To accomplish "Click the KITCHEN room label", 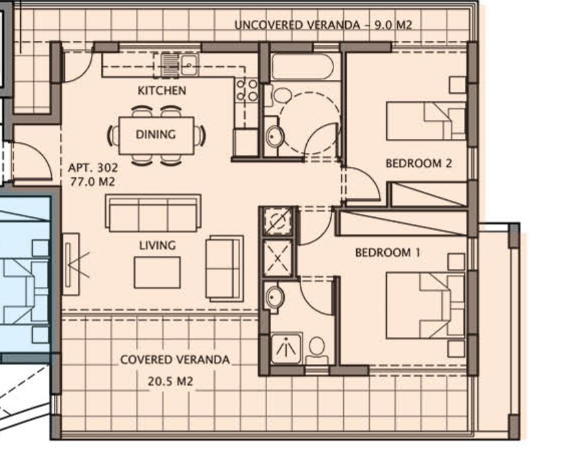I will pos(161,91).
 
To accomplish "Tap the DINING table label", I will pos(155,135).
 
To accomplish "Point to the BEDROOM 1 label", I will pos(383,253).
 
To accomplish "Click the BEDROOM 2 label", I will pos(418,164).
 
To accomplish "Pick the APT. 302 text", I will pos(93,168).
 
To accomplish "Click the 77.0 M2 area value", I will pos(92,182).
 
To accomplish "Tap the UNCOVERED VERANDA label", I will pos(295,25).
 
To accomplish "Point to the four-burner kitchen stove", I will pos(246,90).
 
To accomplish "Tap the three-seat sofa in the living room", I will pos(153,214).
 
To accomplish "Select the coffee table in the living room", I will pos(157,272).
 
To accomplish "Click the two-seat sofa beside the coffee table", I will pos(224,268).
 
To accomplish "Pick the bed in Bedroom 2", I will pos(426,121).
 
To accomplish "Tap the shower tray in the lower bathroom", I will pos(286,349).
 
